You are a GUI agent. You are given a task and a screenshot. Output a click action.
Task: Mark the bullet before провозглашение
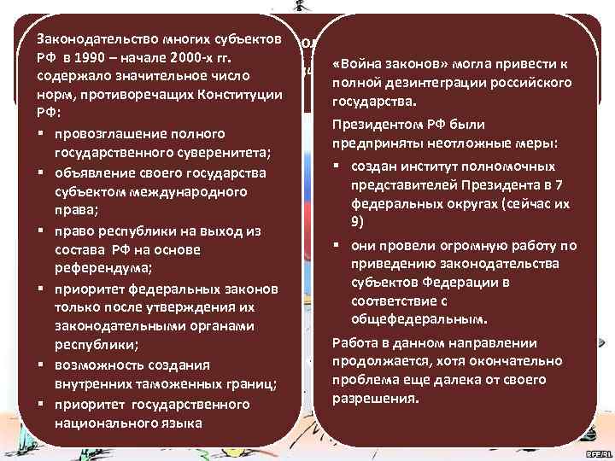[41, 134]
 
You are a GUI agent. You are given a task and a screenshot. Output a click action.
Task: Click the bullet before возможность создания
[41, 365]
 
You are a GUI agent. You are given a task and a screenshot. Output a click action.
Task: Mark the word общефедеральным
[419, 319]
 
